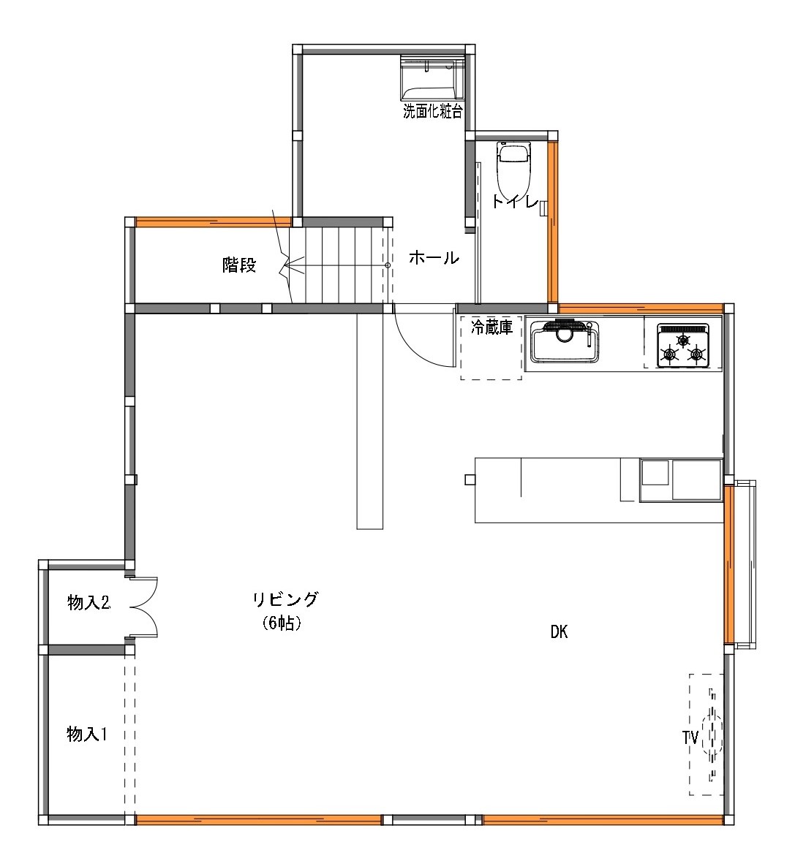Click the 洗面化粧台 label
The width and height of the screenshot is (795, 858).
(x=433, y=112)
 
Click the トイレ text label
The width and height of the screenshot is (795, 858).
(x=515, y=202)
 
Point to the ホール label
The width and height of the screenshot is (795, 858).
(x=434, y=258)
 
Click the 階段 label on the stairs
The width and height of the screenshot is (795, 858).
(x=239, y=265)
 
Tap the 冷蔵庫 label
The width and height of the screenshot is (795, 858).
(x=491, y=327)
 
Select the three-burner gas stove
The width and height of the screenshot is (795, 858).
(x=683, y=346)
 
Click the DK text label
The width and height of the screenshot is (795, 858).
(x=559, y=633)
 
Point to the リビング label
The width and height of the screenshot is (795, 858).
(x=285, y=600)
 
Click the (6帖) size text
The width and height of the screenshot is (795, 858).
(x=282, y=623)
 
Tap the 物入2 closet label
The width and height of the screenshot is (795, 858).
(x=88, y=603)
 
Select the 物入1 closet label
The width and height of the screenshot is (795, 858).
(x=87, y=734)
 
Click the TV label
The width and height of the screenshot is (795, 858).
(x=690, y=737)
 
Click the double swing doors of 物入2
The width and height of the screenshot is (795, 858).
(x=143, y=607)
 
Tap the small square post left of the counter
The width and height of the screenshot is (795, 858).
(x=470, y=480)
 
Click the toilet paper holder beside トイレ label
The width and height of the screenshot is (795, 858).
(x=543, y=208)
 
